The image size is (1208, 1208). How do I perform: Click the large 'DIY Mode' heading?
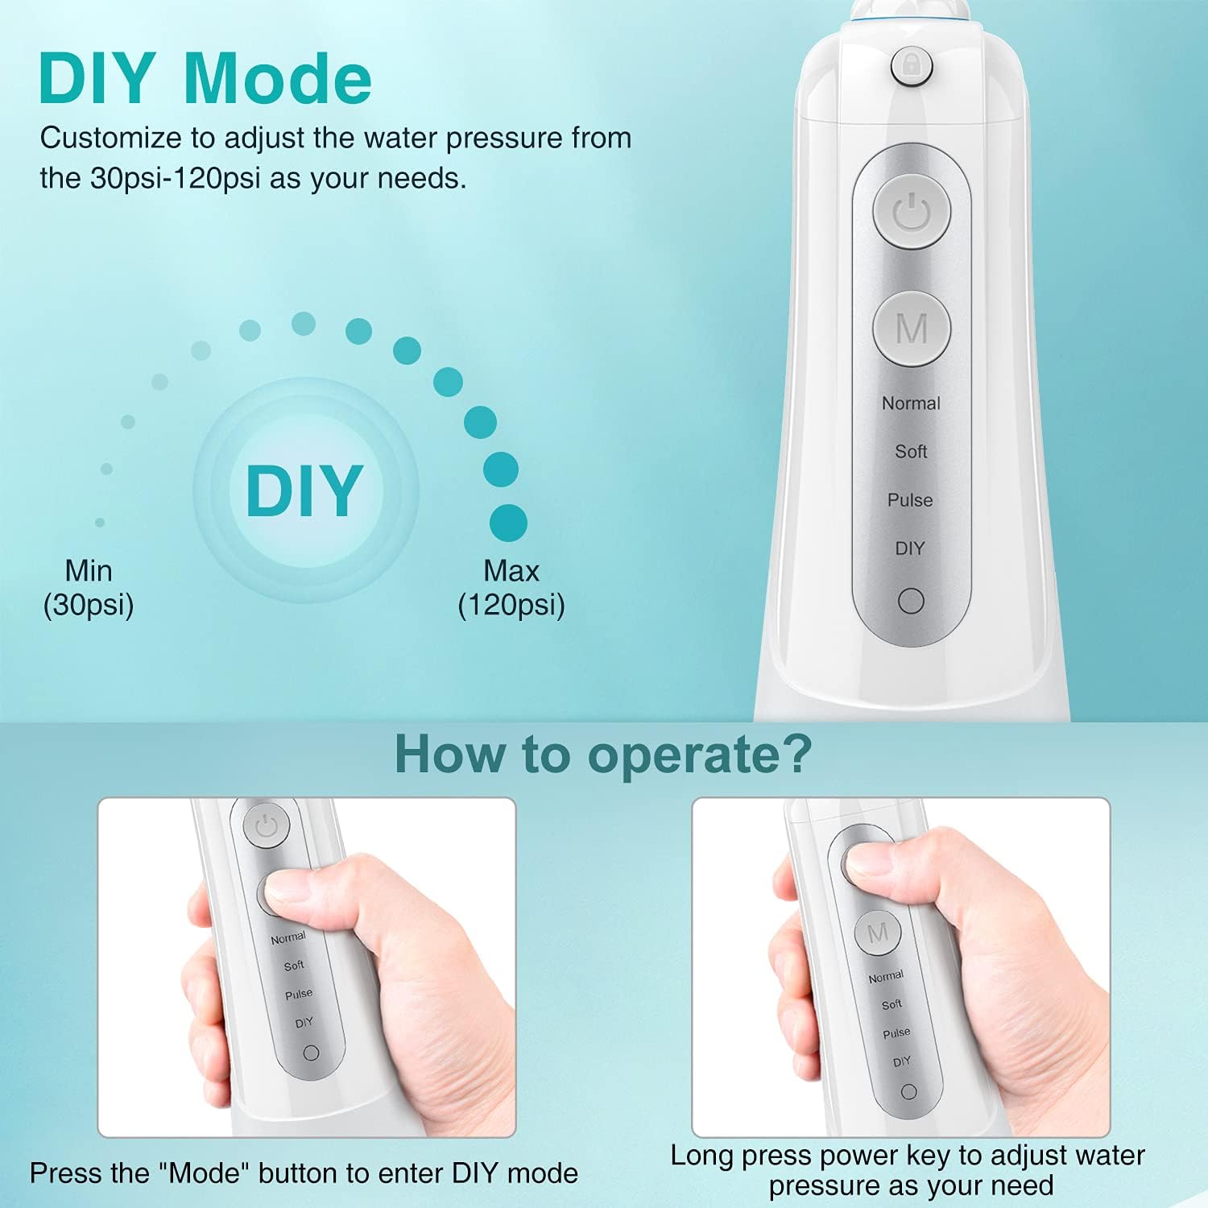(205, 79)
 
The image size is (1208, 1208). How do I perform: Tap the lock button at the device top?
(912, 65)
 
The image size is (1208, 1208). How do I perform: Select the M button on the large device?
(912, 329)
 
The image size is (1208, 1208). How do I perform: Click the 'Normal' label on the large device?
(911, 403)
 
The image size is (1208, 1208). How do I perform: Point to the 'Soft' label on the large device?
(911, 452)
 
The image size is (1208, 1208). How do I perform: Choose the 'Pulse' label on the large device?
(910, 500)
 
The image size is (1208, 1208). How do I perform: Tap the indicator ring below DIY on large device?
(911, 601)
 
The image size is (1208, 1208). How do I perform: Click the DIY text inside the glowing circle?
(304, 490)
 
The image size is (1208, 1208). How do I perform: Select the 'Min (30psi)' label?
(89, 588)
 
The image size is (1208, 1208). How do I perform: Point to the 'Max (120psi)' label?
(511, 588)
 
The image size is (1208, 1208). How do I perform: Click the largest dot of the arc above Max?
(508, 523)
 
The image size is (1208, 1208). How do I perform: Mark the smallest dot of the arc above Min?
(100, 523)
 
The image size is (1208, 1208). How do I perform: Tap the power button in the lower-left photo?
(267, 825)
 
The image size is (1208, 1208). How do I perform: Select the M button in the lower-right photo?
(878, 933)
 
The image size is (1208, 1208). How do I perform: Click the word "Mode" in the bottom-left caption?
(205, 1173)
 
